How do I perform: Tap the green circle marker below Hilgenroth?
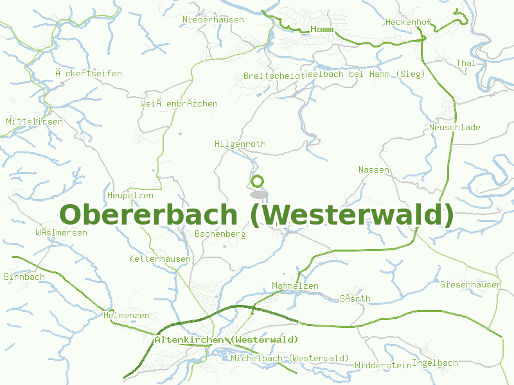click(x=258, y=181)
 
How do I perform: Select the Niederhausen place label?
click(x=213, y=19)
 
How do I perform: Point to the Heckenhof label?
click(x=408, y=22)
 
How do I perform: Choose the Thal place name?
click(x=466, y=63)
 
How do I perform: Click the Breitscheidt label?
click(x=274, y=76)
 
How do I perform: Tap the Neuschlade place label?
click(x=455, y=127)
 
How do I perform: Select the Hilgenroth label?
click(x=240, y=144)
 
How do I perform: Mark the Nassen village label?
click(x=374, y=169)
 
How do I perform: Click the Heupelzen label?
click(x=130, y=195)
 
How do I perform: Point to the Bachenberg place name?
click(x=220, y=234)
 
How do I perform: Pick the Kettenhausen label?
click(x=160, y=259)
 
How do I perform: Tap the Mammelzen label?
click(x=295, y=286)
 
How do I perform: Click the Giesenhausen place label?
click(x=471, y=284)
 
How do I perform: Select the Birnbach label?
click(x=24, y=277)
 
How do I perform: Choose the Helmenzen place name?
click(x=127, y=315)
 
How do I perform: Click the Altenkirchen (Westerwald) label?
click(x=226, y=339)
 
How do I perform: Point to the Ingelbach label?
click(x=435, y=363)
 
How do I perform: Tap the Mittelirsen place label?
click(x=34, y=121)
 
